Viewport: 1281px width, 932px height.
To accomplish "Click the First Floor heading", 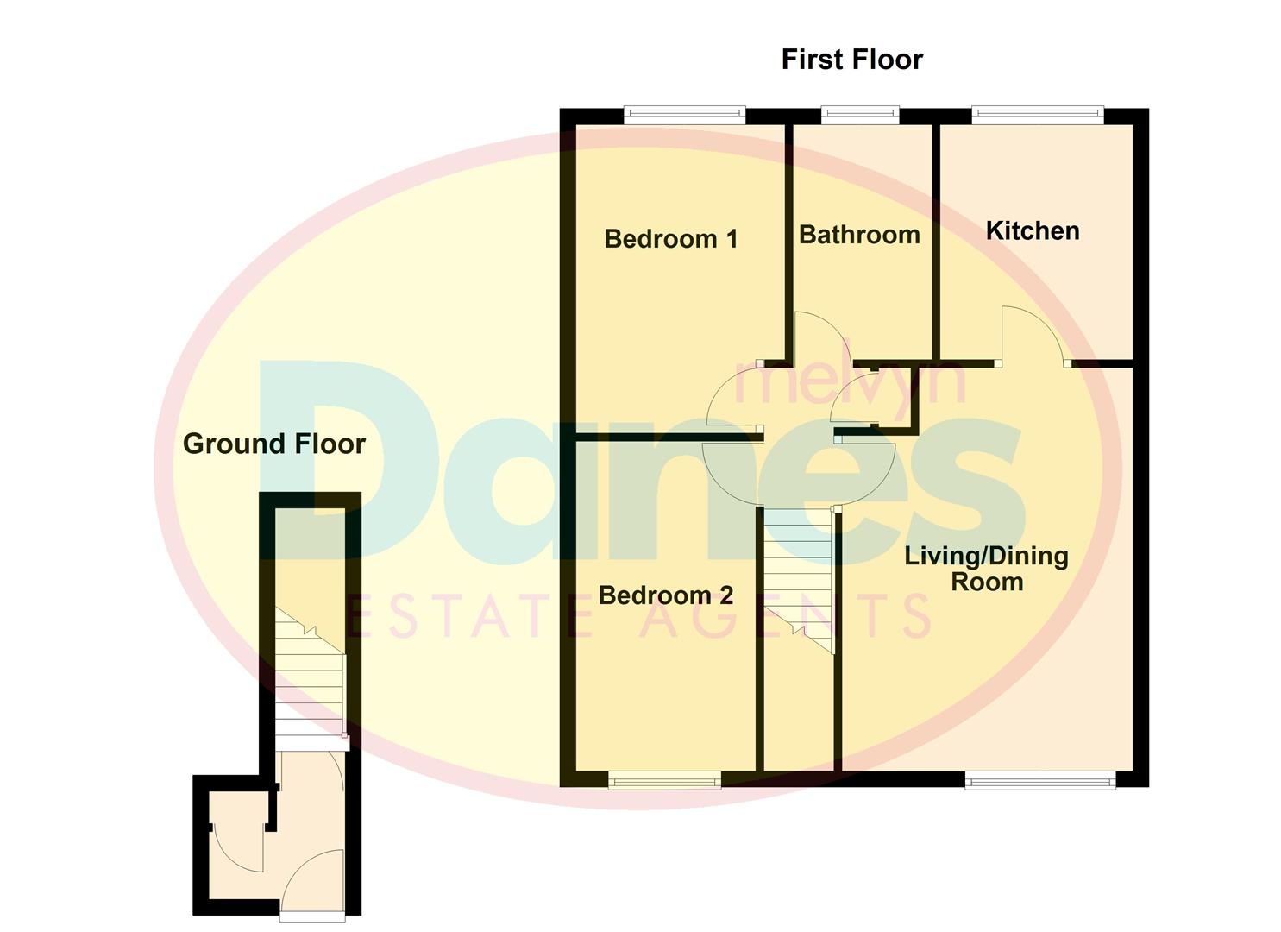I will point(851,60).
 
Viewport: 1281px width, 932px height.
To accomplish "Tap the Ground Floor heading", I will point(274,444).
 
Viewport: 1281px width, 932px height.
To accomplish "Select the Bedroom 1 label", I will point(671,239).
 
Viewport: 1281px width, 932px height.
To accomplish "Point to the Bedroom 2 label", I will point(665,595).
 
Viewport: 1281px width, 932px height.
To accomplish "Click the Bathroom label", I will point(859,235).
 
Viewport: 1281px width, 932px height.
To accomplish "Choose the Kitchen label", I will point(1033,231).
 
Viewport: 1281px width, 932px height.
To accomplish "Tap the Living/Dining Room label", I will point(986,569).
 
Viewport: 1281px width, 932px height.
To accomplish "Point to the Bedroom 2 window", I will point(664,782).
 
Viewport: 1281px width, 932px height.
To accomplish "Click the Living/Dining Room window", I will point(1040,782).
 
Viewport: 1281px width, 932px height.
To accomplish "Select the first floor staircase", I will point(798,578).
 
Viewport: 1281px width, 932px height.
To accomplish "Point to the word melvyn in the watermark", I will point(849,384).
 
